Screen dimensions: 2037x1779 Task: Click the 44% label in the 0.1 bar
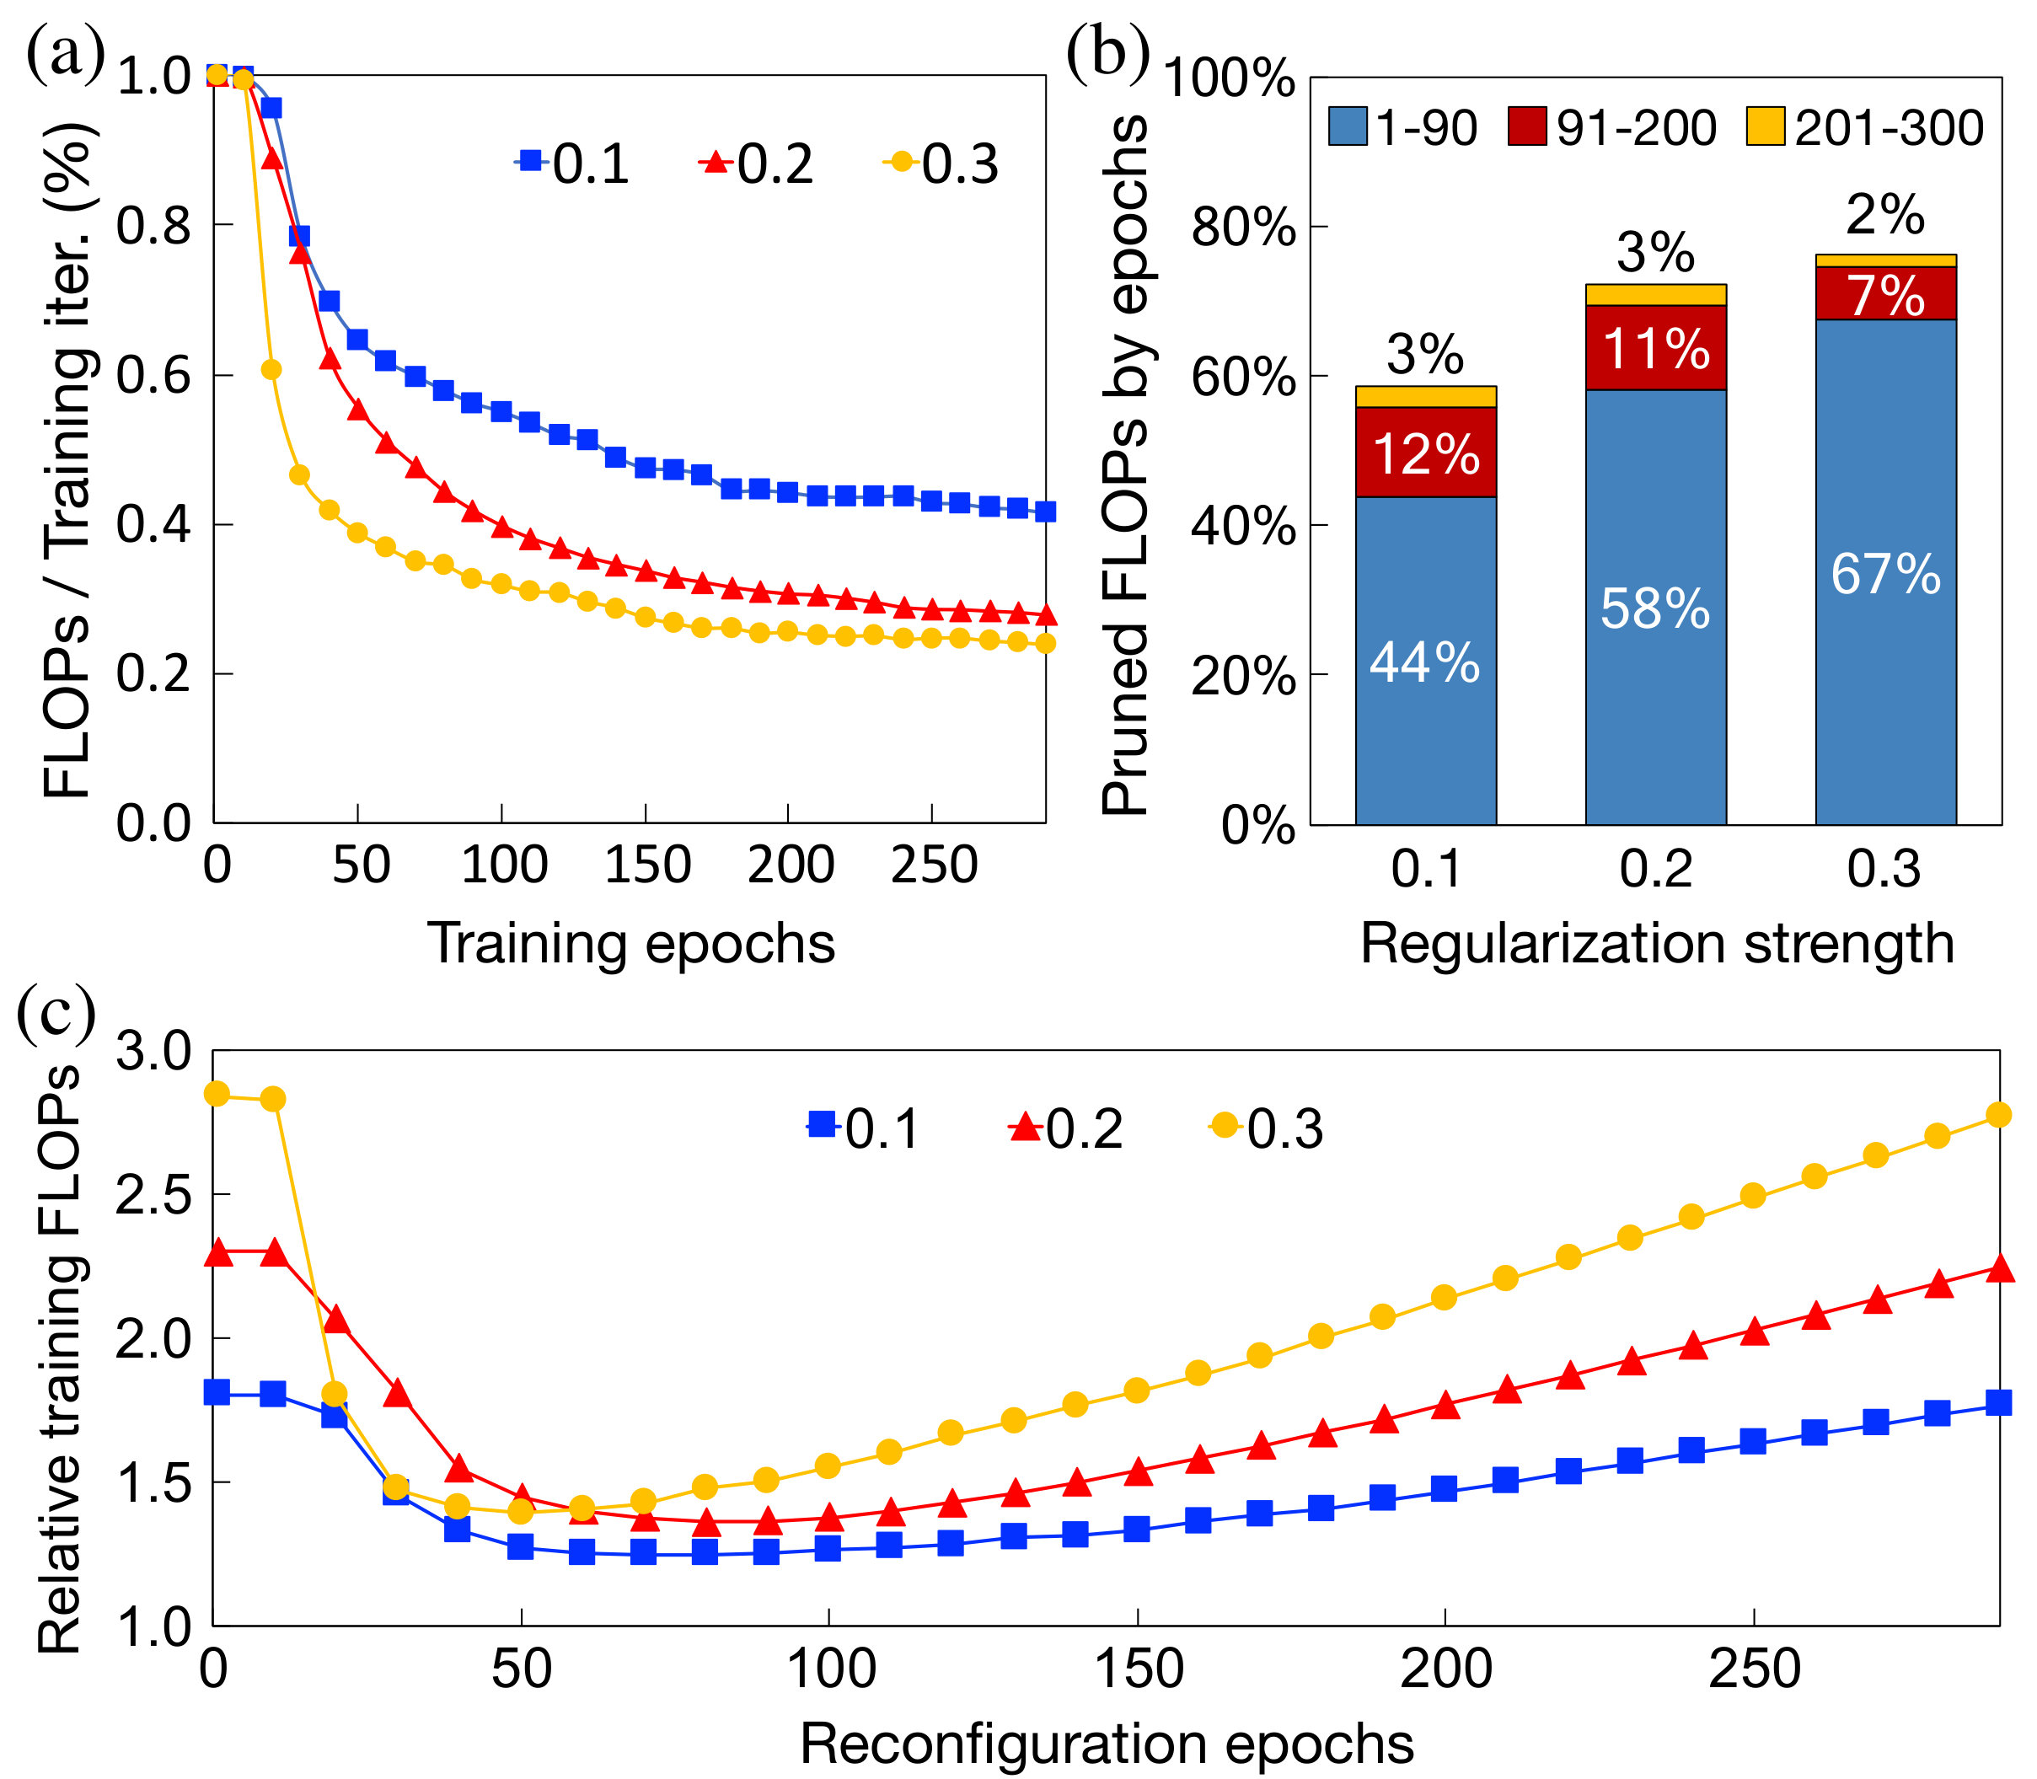click(x=1424, y=662)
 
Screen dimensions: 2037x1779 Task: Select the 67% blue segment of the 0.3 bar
click(x=1885, y=572)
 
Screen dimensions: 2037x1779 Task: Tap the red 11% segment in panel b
click(x=1656, y=347)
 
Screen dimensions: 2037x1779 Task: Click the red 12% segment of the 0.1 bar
click(x=1425, y=452)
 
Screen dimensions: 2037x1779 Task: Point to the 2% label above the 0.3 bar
click(x=1885, y=214)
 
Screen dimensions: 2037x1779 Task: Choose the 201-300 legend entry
click(x=1864, y=128)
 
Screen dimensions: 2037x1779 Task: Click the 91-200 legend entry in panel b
click(x=1612, y=128)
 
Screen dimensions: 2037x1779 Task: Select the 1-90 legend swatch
click(x=1348, y=127)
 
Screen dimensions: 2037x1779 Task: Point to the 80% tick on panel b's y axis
click(x=1244, y=228)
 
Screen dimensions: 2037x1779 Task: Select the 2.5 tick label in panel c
click(x=154, y=1195)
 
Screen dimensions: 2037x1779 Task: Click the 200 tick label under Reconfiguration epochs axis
click(x=1445, y=1669)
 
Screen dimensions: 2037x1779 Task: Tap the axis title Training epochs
click(x=631, y=944)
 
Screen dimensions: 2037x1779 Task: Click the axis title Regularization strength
click(x=1657, y=944)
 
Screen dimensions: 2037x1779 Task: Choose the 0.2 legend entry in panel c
click(x=1066, y=1128)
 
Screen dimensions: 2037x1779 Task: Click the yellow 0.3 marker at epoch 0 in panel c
click(x=217, y=1094)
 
